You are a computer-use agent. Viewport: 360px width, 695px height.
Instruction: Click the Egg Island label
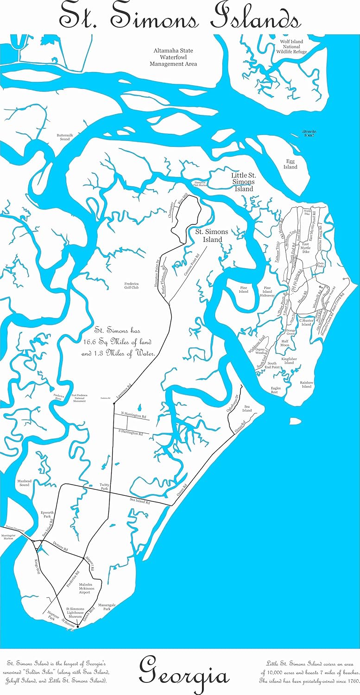coord(291,164)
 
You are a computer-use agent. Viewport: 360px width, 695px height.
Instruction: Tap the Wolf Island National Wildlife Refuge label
coord(291,47)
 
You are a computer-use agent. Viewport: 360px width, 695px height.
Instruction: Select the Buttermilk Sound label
coord(63,137)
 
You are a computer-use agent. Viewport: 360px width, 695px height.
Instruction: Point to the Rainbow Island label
coord(306,384)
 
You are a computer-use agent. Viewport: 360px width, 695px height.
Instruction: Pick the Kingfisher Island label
coord(289,360)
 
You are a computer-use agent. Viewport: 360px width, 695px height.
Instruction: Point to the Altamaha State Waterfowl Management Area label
coord(173,57)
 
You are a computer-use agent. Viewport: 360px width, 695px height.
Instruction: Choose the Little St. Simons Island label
coord(242,182)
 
